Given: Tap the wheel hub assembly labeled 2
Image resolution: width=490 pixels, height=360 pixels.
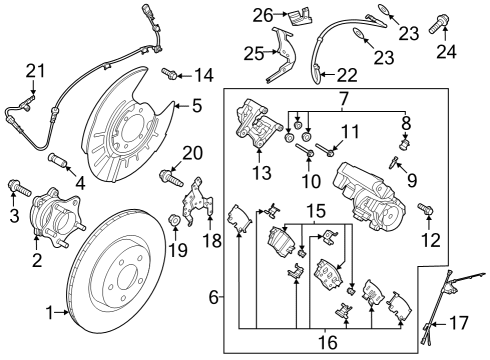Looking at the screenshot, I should tap(54, 227).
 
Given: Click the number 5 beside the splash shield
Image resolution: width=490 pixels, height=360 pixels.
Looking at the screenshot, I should tap(196, 103).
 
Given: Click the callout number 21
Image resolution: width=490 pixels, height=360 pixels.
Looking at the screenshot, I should tap(35, 70).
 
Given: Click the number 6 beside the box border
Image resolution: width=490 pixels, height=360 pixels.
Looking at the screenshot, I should tap(213, 298).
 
